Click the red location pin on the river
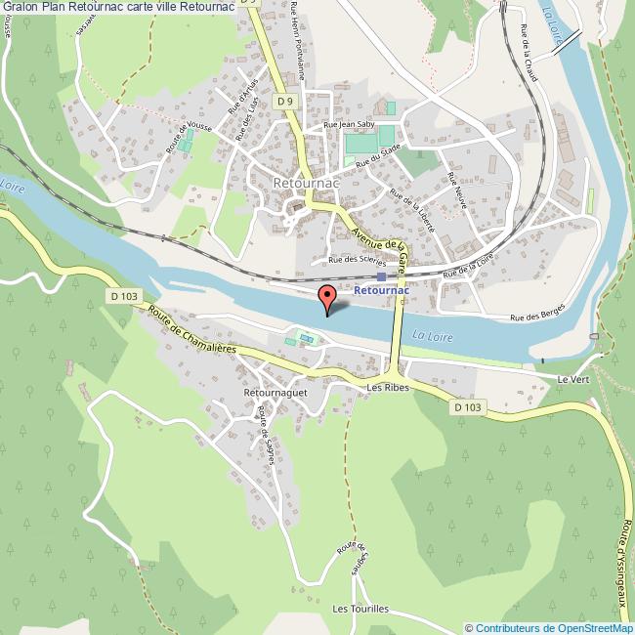tap(328, 296)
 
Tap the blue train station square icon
tap(381, 275)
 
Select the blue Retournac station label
tap(380, 291)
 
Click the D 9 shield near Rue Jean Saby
tap(284, 101)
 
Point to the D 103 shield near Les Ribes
tap(468, 407)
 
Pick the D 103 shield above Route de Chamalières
tap(121, 295)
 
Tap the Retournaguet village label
tap(276, 393)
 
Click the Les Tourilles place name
tap(360, 609)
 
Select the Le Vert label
tap(570, 379)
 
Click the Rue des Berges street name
tap(539, 317)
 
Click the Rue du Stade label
tap(378, 155)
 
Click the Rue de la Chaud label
tap(529, 55)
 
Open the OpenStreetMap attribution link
tap(549, 628)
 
